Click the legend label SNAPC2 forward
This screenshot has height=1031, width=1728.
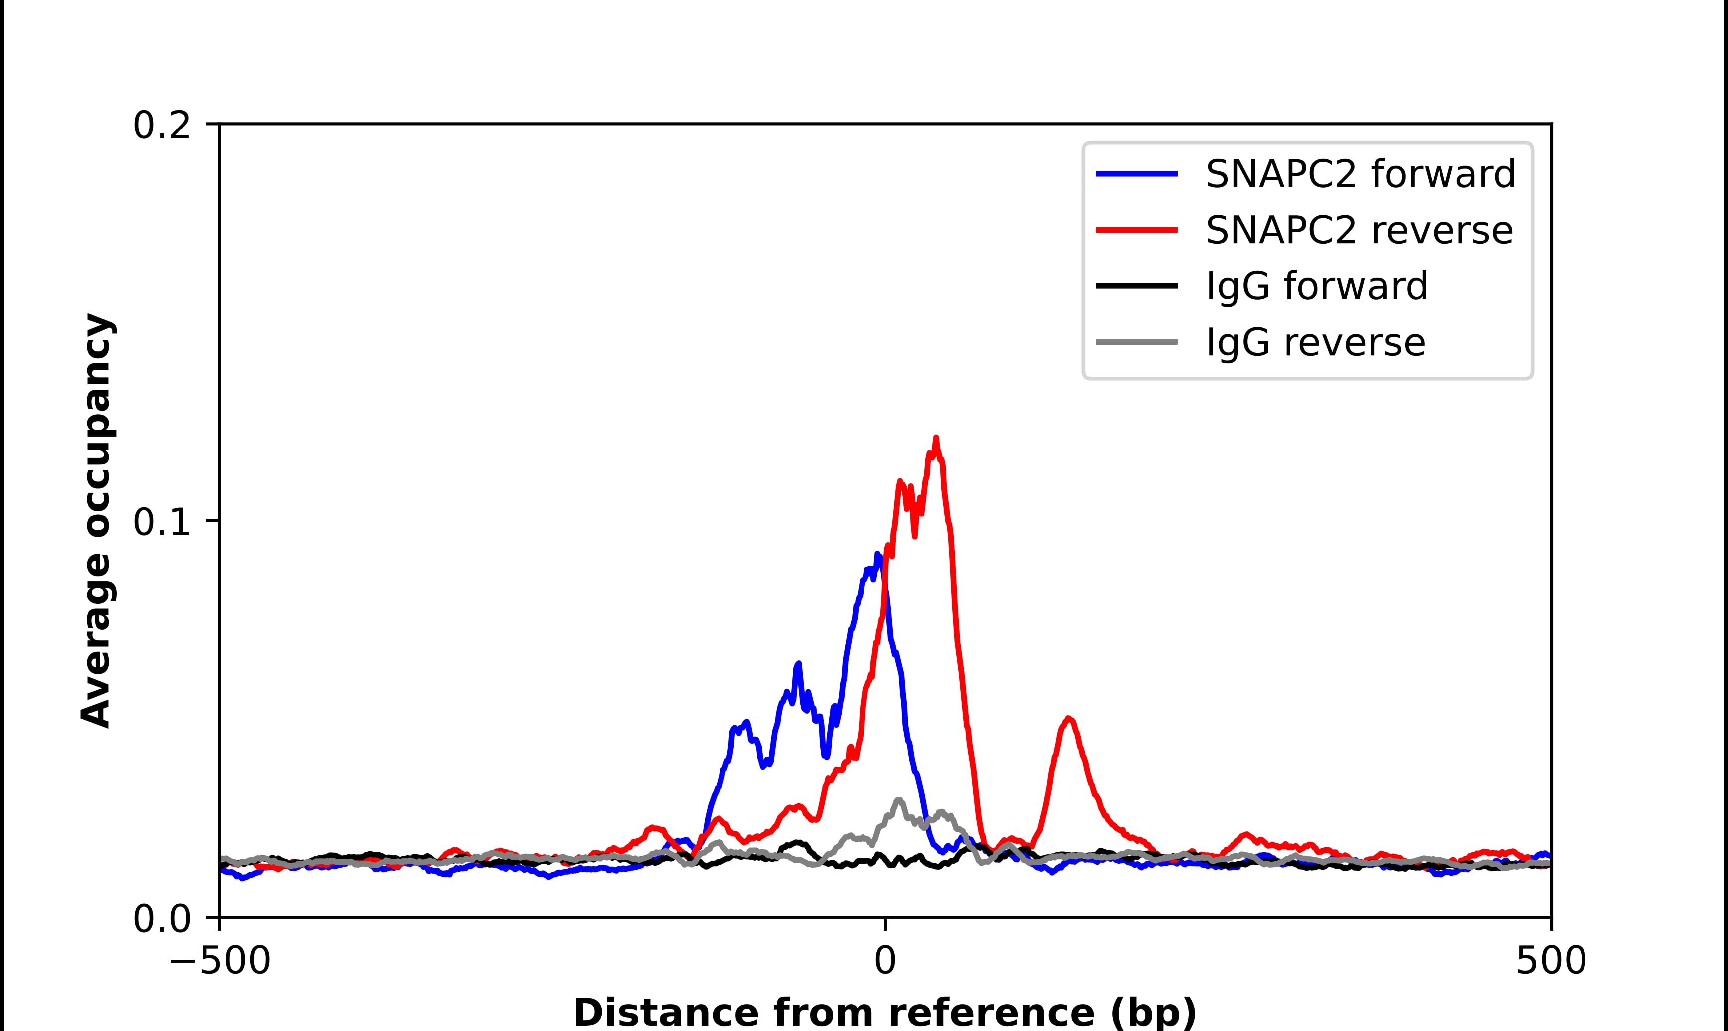1360,174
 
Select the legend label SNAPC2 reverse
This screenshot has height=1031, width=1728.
1359,230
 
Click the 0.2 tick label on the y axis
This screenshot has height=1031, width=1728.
161,126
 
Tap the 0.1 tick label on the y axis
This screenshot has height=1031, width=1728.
161,522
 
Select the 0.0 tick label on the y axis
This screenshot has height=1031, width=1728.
161,919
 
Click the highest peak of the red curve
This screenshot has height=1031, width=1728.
936,438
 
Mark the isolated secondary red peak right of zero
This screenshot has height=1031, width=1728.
1069,719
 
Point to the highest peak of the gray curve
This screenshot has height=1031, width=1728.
899,800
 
